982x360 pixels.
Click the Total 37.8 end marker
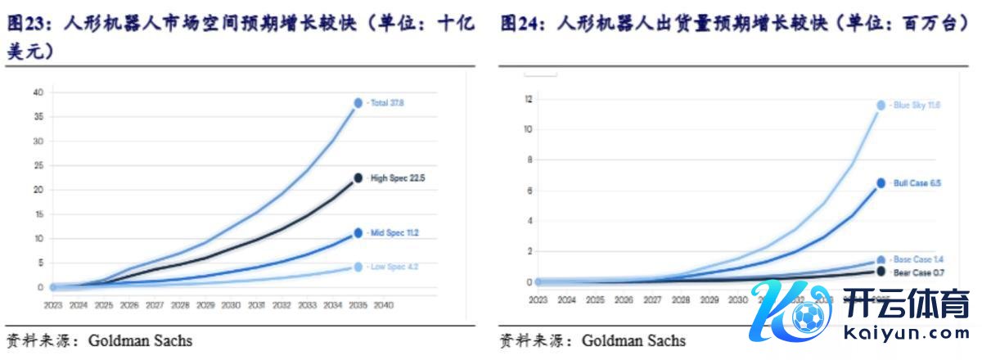(x=358, y=103)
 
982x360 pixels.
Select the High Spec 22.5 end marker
(x=358, y=178)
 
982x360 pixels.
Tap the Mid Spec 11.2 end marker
(x=358, y=233)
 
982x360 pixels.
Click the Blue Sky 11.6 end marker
(x=881, y=105)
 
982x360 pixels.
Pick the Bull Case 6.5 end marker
(x=881, y=183)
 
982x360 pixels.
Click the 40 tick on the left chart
(x=38, y=92)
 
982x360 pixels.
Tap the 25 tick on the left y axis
(x=38, y=165)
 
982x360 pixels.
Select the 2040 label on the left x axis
(x=383, y=304)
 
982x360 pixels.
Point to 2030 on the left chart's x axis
(x=231, y=304)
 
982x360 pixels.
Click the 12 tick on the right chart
(x=529, y=99)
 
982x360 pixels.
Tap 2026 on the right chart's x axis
(x=625, y=299)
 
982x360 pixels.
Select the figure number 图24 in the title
(x=519, y=25)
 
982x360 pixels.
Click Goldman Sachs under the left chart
(x=140, y=340)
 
